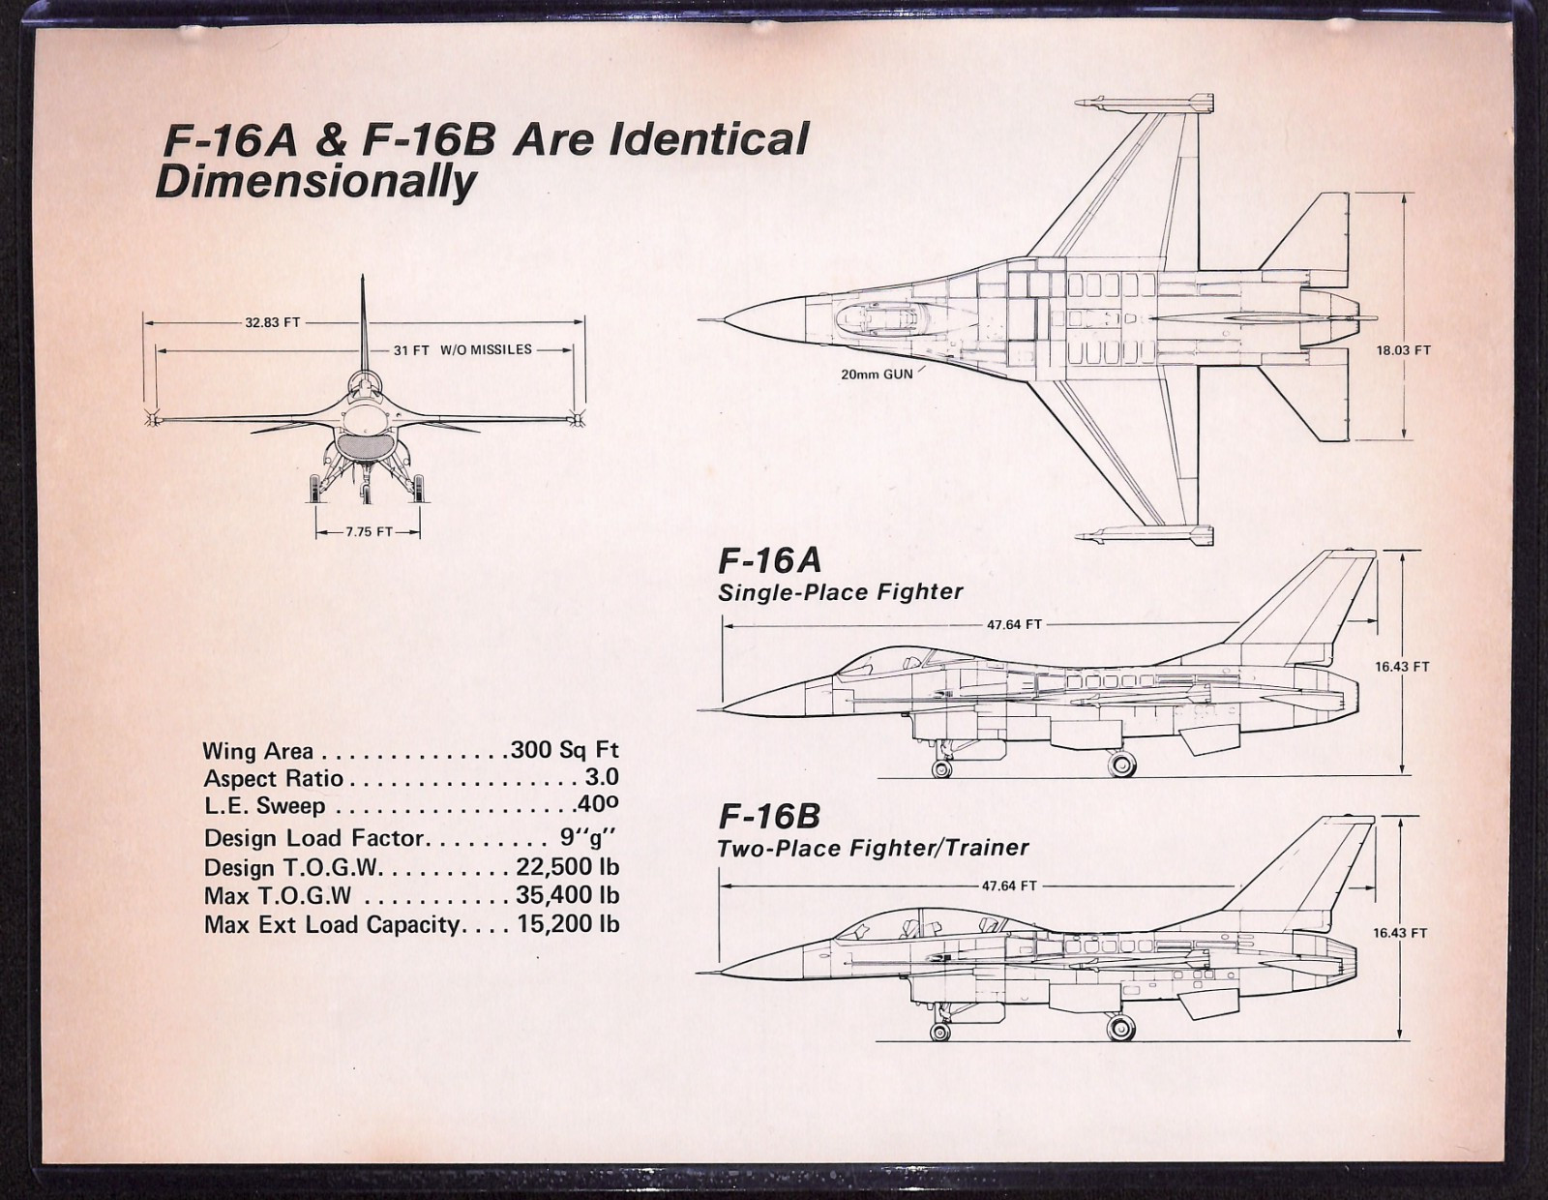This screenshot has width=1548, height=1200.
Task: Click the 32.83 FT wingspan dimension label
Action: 273,322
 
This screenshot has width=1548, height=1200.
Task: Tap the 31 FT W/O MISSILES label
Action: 462,350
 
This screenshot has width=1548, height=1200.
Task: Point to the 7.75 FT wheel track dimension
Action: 369,531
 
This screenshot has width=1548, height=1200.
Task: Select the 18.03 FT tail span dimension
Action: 1403,350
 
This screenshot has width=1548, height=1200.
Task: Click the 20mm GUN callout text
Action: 877,375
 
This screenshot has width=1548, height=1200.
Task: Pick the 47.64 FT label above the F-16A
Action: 1014,625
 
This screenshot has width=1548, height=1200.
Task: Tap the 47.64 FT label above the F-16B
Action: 1009,886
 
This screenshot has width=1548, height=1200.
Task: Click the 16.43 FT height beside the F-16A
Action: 1402,667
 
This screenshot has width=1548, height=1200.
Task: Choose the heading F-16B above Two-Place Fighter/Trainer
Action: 769,817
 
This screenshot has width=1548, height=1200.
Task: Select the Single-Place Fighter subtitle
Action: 841,592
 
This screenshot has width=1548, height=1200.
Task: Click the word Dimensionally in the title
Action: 315,183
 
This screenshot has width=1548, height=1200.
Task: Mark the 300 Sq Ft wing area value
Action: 564,750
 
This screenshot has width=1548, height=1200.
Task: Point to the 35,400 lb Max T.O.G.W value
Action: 568,894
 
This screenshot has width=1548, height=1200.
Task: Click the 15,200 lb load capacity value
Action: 569,924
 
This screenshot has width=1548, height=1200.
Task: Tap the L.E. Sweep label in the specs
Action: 264,806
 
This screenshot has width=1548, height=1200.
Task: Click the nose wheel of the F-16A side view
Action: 941,769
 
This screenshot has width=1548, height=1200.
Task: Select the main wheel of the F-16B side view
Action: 1121,1028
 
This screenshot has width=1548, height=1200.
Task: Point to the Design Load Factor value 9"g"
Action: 587,836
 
